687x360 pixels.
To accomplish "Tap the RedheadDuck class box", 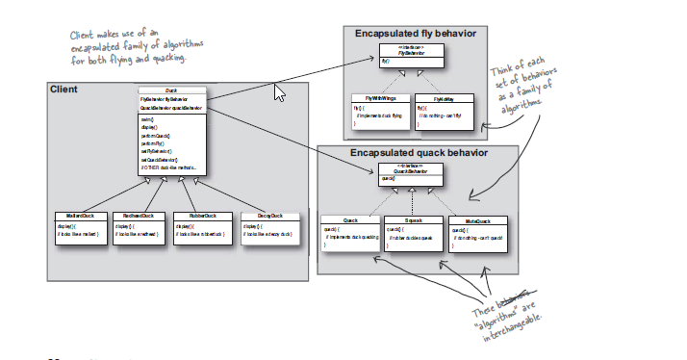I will (139, 227).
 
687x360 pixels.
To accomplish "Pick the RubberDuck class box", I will (200, 227).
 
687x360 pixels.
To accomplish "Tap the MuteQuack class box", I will (477, 232).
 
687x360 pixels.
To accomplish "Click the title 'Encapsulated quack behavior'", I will (419, 152).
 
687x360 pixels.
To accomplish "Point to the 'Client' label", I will (64, 90).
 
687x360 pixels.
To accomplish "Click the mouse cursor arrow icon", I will (280, 92).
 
